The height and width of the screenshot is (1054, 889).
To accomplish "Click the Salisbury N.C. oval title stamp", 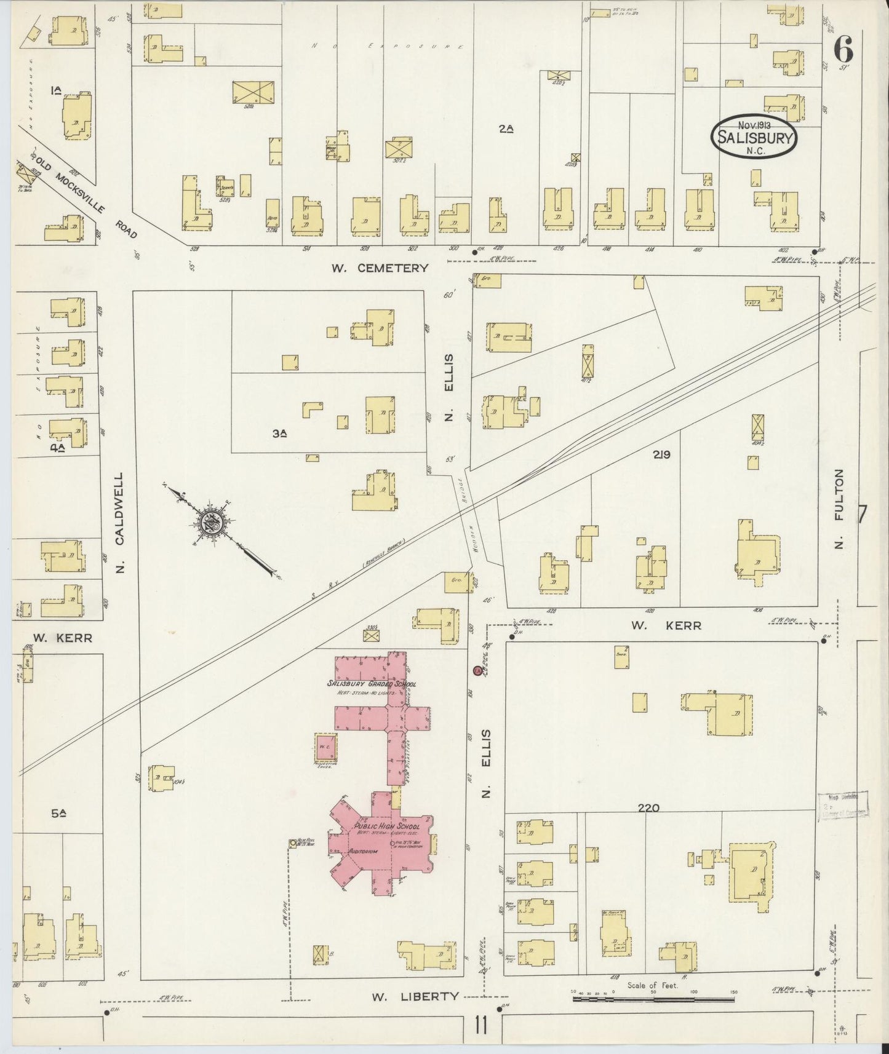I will coord(754,137).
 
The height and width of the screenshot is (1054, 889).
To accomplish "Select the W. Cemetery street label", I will coord(379,268).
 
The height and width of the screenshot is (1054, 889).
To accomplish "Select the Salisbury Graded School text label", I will coord(371,684).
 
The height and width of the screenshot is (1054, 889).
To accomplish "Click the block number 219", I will coord(661,455).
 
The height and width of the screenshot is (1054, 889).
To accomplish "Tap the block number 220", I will coord(648,807).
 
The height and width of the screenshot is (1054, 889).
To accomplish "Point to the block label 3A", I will coord(280,433).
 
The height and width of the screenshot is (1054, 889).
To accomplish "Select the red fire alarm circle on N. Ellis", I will coord(477,671).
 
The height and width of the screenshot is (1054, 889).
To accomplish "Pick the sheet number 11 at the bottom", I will coord(480,1026).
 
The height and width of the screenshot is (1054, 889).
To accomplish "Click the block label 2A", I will coord(506,129).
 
